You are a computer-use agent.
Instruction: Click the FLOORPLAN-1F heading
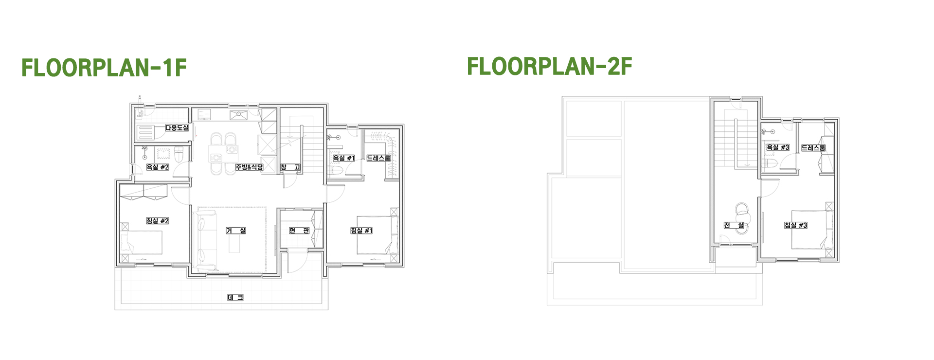click(104, 68)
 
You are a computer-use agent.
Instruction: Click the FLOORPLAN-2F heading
click(550, 66)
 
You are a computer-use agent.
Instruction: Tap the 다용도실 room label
click(177, 128)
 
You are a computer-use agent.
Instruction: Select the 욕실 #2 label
click(158, 167)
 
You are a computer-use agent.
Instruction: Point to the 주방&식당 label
click(250, 167)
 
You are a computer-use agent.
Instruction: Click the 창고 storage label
click(290, 167)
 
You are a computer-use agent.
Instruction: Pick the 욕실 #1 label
click(344, 158)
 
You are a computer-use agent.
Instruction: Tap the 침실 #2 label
click(158, 221)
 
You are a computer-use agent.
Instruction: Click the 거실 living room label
click(236, 231)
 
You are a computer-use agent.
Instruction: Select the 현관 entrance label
click(299, 231)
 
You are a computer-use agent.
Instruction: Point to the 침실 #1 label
click(361, 231)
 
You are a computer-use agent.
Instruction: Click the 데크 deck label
click(235, 297)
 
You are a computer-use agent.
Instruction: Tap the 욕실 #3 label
click(778, 147)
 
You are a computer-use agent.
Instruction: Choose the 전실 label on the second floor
click(734, 225)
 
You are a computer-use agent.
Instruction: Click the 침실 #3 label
click(796, 225)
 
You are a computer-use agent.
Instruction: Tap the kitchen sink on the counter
click(239, 115)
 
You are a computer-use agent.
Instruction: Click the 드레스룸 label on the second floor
click(813, 147)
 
